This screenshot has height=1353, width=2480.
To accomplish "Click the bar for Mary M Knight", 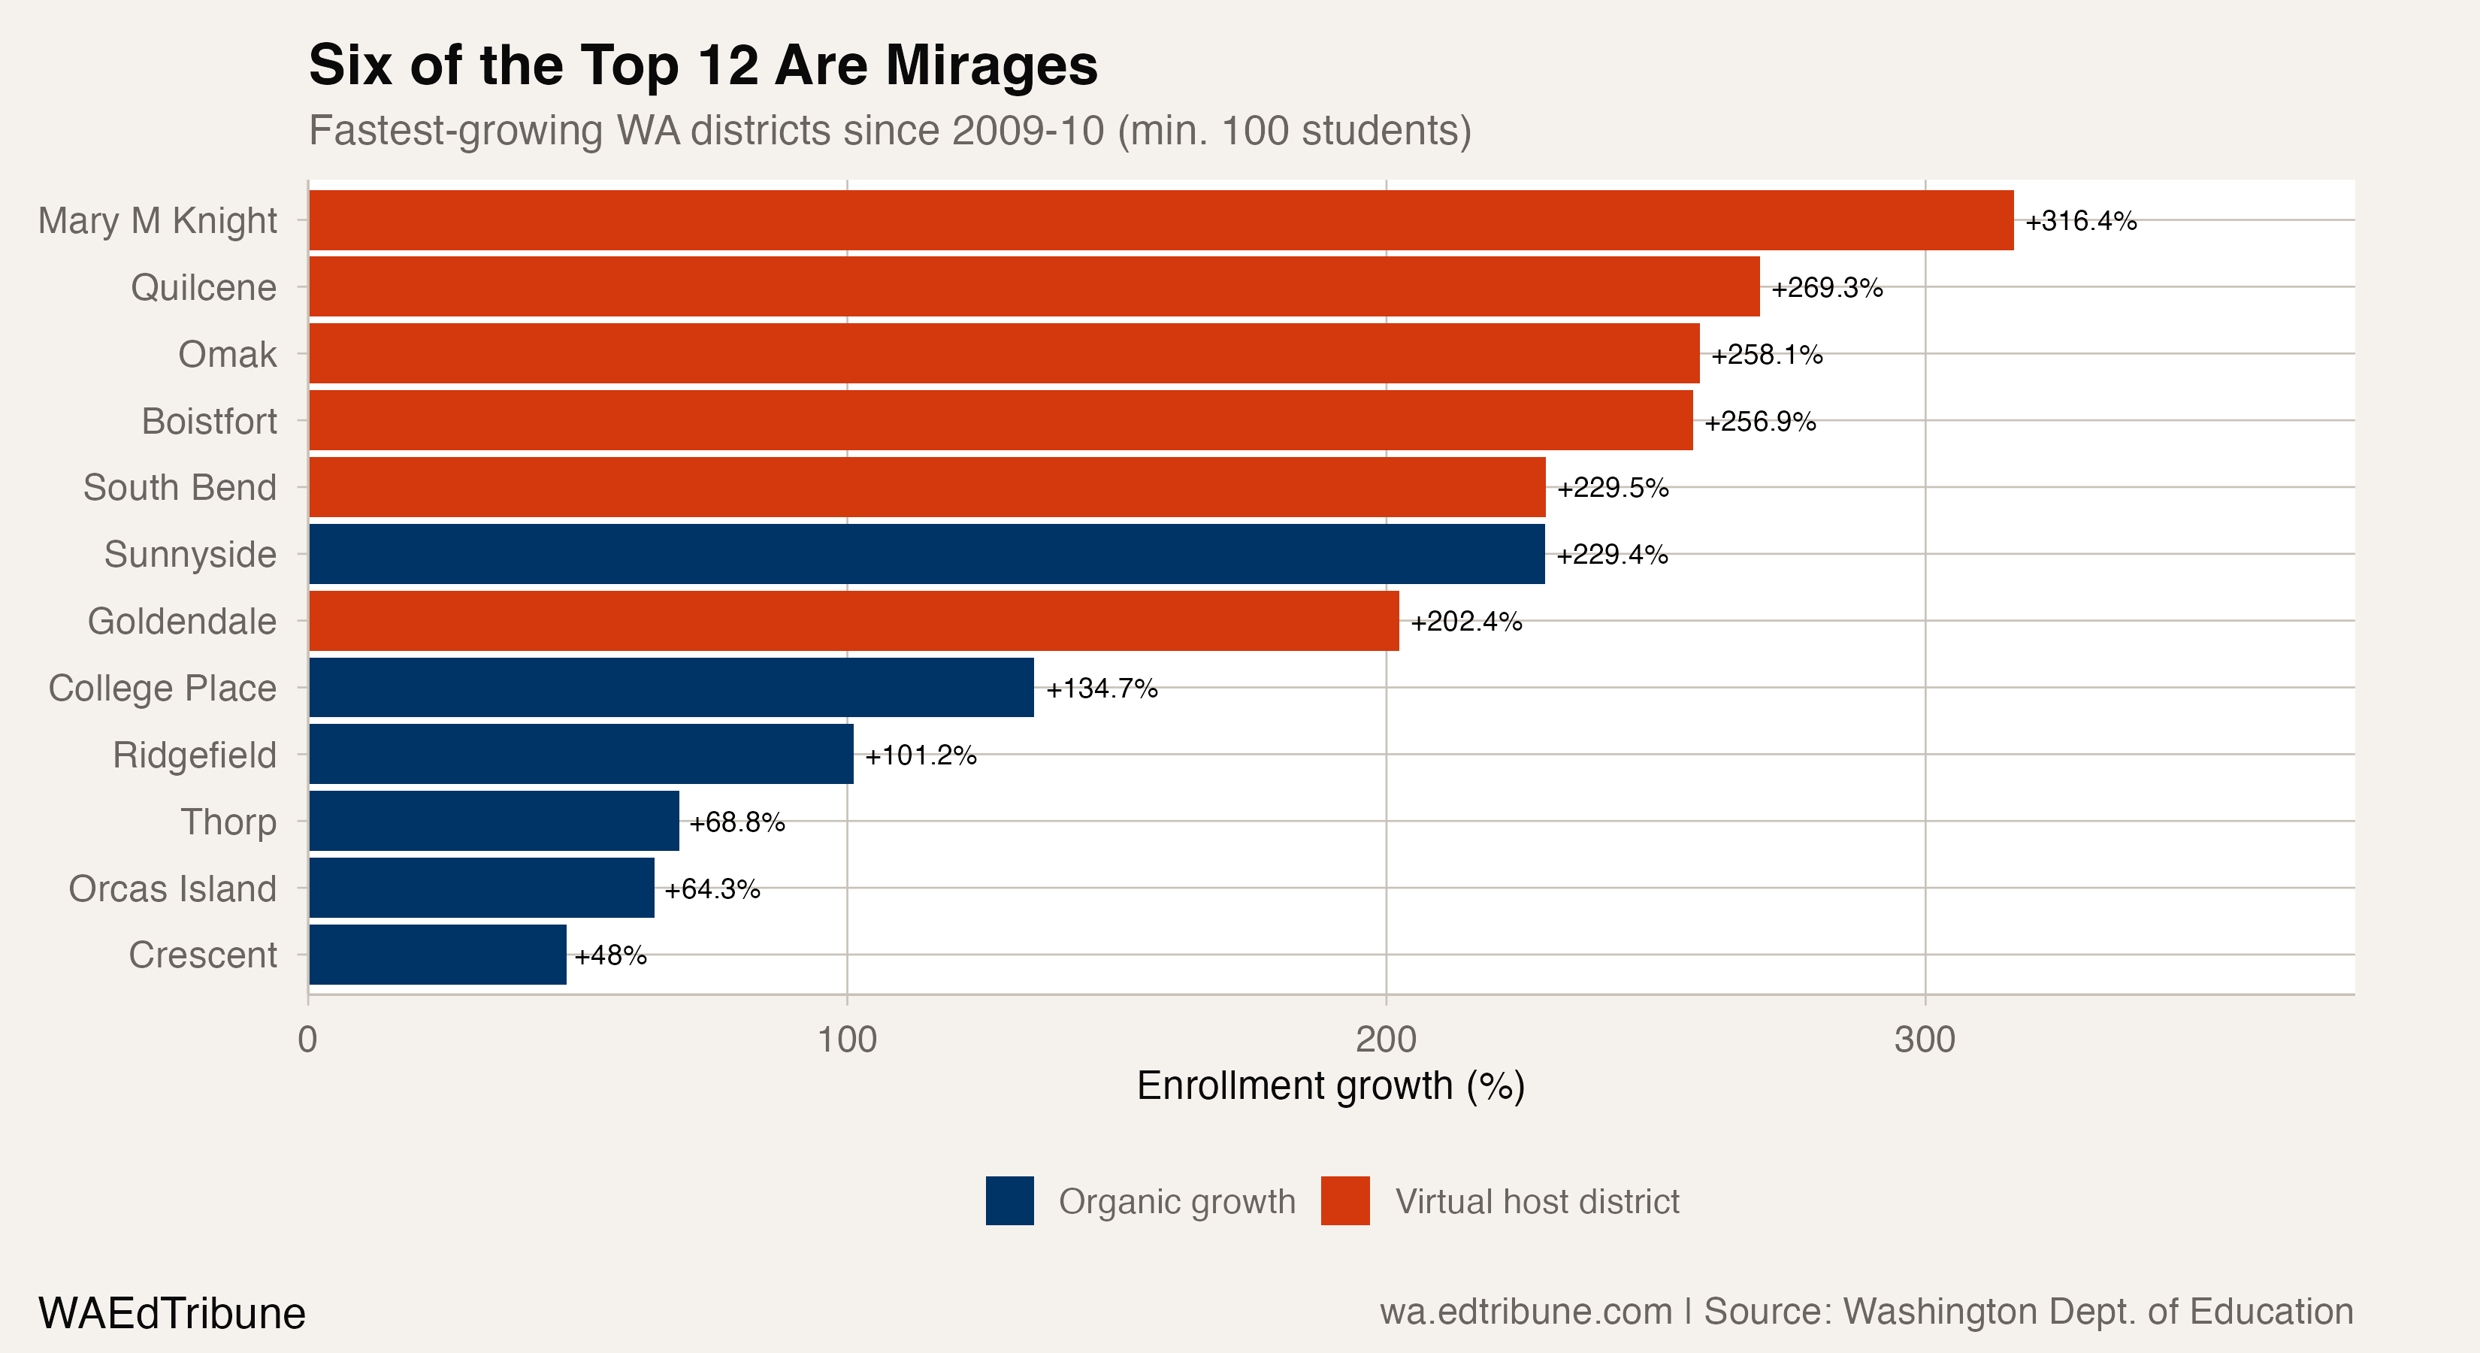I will [1160, 220].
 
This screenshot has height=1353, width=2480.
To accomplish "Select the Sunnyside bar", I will [926, 554].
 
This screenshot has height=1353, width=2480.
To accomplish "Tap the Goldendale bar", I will [853, 621].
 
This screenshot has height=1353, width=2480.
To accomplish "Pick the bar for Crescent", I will [437, 955].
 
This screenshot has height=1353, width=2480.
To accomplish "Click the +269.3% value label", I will [1826, 288].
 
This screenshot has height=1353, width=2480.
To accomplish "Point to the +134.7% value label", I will [1102, 689].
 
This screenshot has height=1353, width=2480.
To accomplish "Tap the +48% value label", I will [610, 955].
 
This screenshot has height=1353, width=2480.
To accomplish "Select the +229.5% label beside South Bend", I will [1613, 489].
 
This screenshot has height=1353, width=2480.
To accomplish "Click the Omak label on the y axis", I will [227, 354].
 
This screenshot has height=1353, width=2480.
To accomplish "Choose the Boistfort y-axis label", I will [209, 421].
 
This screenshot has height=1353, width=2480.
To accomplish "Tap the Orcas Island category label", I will [172, 888].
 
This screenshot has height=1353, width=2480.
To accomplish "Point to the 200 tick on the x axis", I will [1385, 1040].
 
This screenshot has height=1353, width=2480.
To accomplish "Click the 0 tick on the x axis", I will [308, 1040].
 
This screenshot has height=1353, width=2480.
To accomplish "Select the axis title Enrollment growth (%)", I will [1330, 1086].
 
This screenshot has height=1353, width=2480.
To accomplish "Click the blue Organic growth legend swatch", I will [1009, 1201].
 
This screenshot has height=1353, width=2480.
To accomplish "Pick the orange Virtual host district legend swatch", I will [1345, 1201].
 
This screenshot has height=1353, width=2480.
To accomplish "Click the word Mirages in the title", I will [990, 65].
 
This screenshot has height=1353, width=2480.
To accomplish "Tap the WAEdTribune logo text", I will [171, 1313].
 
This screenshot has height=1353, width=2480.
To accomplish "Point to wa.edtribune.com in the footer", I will [1525, 1312].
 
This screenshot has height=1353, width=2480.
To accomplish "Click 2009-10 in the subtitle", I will [1027, 131].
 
